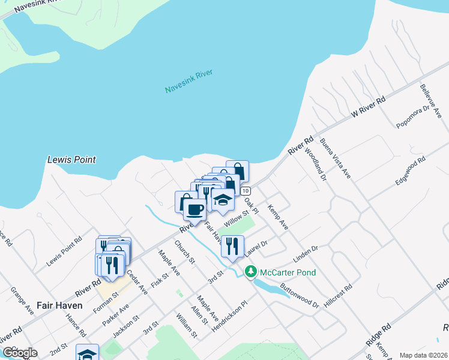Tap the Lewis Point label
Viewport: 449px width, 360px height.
pyautogui.click(x=71, y=160)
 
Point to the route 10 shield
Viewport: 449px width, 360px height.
pyautogui.click(x=246, y=190)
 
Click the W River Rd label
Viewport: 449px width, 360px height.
pyautogui.click(x=367, y=106)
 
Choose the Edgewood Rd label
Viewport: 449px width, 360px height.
pyautogui.click(x=409, y=170)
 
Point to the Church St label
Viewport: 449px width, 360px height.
pyautogui.click(x=185, y=252)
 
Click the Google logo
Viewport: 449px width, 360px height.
pyautogui.click(x=19, y=353)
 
